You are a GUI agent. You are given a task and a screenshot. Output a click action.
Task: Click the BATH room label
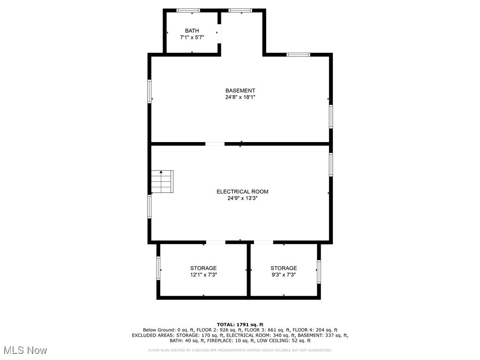(192, 31)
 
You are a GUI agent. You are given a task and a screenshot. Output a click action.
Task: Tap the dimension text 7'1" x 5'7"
(192, 37)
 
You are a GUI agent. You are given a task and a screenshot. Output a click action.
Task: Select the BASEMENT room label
(240, 90)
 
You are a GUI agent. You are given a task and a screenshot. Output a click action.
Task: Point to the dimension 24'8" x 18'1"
(240, 97)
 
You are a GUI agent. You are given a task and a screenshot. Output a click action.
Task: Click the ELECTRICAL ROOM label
(242, 191)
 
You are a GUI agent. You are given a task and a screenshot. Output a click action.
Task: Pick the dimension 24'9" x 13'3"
(242, 198)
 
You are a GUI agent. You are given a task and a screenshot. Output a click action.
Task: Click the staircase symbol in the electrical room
(162, 181)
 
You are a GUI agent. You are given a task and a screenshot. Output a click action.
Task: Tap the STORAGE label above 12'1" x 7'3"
(203, 268)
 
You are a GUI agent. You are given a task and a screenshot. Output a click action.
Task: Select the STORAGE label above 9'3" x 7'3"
(284, 268)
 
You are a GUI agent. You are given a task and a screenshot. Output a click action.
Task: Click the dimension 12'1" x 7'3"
(203, 275)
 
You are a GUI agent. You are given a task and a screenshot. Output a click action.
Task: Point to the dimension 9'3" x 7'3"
(284, 275)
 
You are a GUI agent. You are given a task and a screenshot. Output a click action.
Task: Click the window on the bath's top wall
(188, 10)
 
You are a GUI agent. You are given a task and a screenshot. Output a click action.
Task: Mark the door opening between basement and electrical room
(215, 143)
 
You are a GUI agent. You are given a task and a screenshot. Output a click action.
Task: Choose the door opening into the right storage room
(263, 242)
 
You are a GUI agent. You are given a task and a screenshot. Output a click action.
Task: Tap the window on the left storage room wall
(158, 269)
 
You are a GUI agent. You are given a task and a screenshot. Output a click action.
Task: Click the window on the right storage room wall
(319, 272)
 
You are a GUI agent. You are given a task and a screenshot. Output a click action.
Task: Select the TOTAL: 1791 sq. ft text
(240, 324)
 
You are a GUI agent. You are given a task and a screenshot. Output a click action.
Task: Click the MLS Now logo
(25, 350)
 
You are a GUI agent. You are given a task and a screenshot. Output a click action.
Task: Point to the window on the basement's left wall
(150, 91)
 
